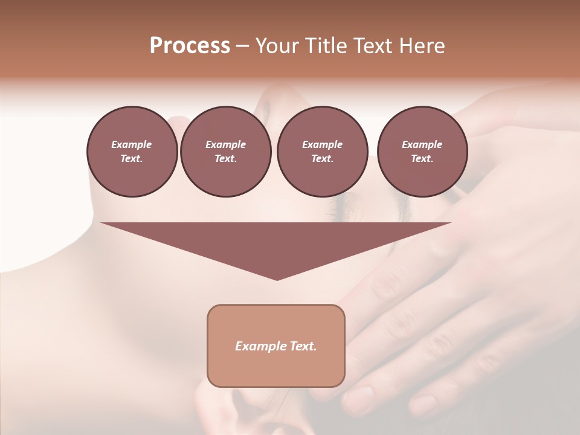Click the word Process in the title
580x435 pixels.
(190, 46)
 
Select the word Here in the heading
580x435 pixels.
(422, 46)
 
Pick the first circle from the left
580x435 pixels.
(132, 152)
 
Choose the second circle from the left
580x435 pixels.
(225, 152)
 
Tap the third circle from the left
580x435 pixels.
(322, 152)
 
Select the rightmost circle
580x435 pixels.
(422, 152)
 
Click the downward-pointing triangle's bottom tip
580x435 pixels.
(277, 279)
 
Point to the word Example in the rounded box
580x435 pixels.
(259, 346)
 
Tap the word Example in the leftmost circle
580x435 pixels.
(132, 144)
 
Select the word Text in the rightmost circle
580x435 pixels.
(421, 159)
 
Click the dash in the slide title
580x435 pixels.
(242, 46)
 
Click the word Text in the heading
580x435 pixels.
(375, 46)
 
